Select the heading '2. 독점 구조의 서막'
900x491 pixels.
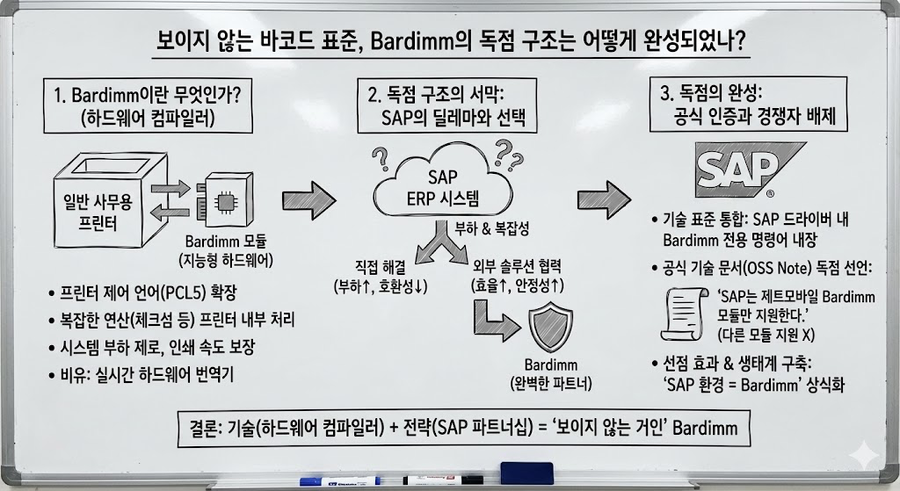[447, 95]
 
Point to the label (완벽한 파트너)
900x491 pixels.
[551, 383]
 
